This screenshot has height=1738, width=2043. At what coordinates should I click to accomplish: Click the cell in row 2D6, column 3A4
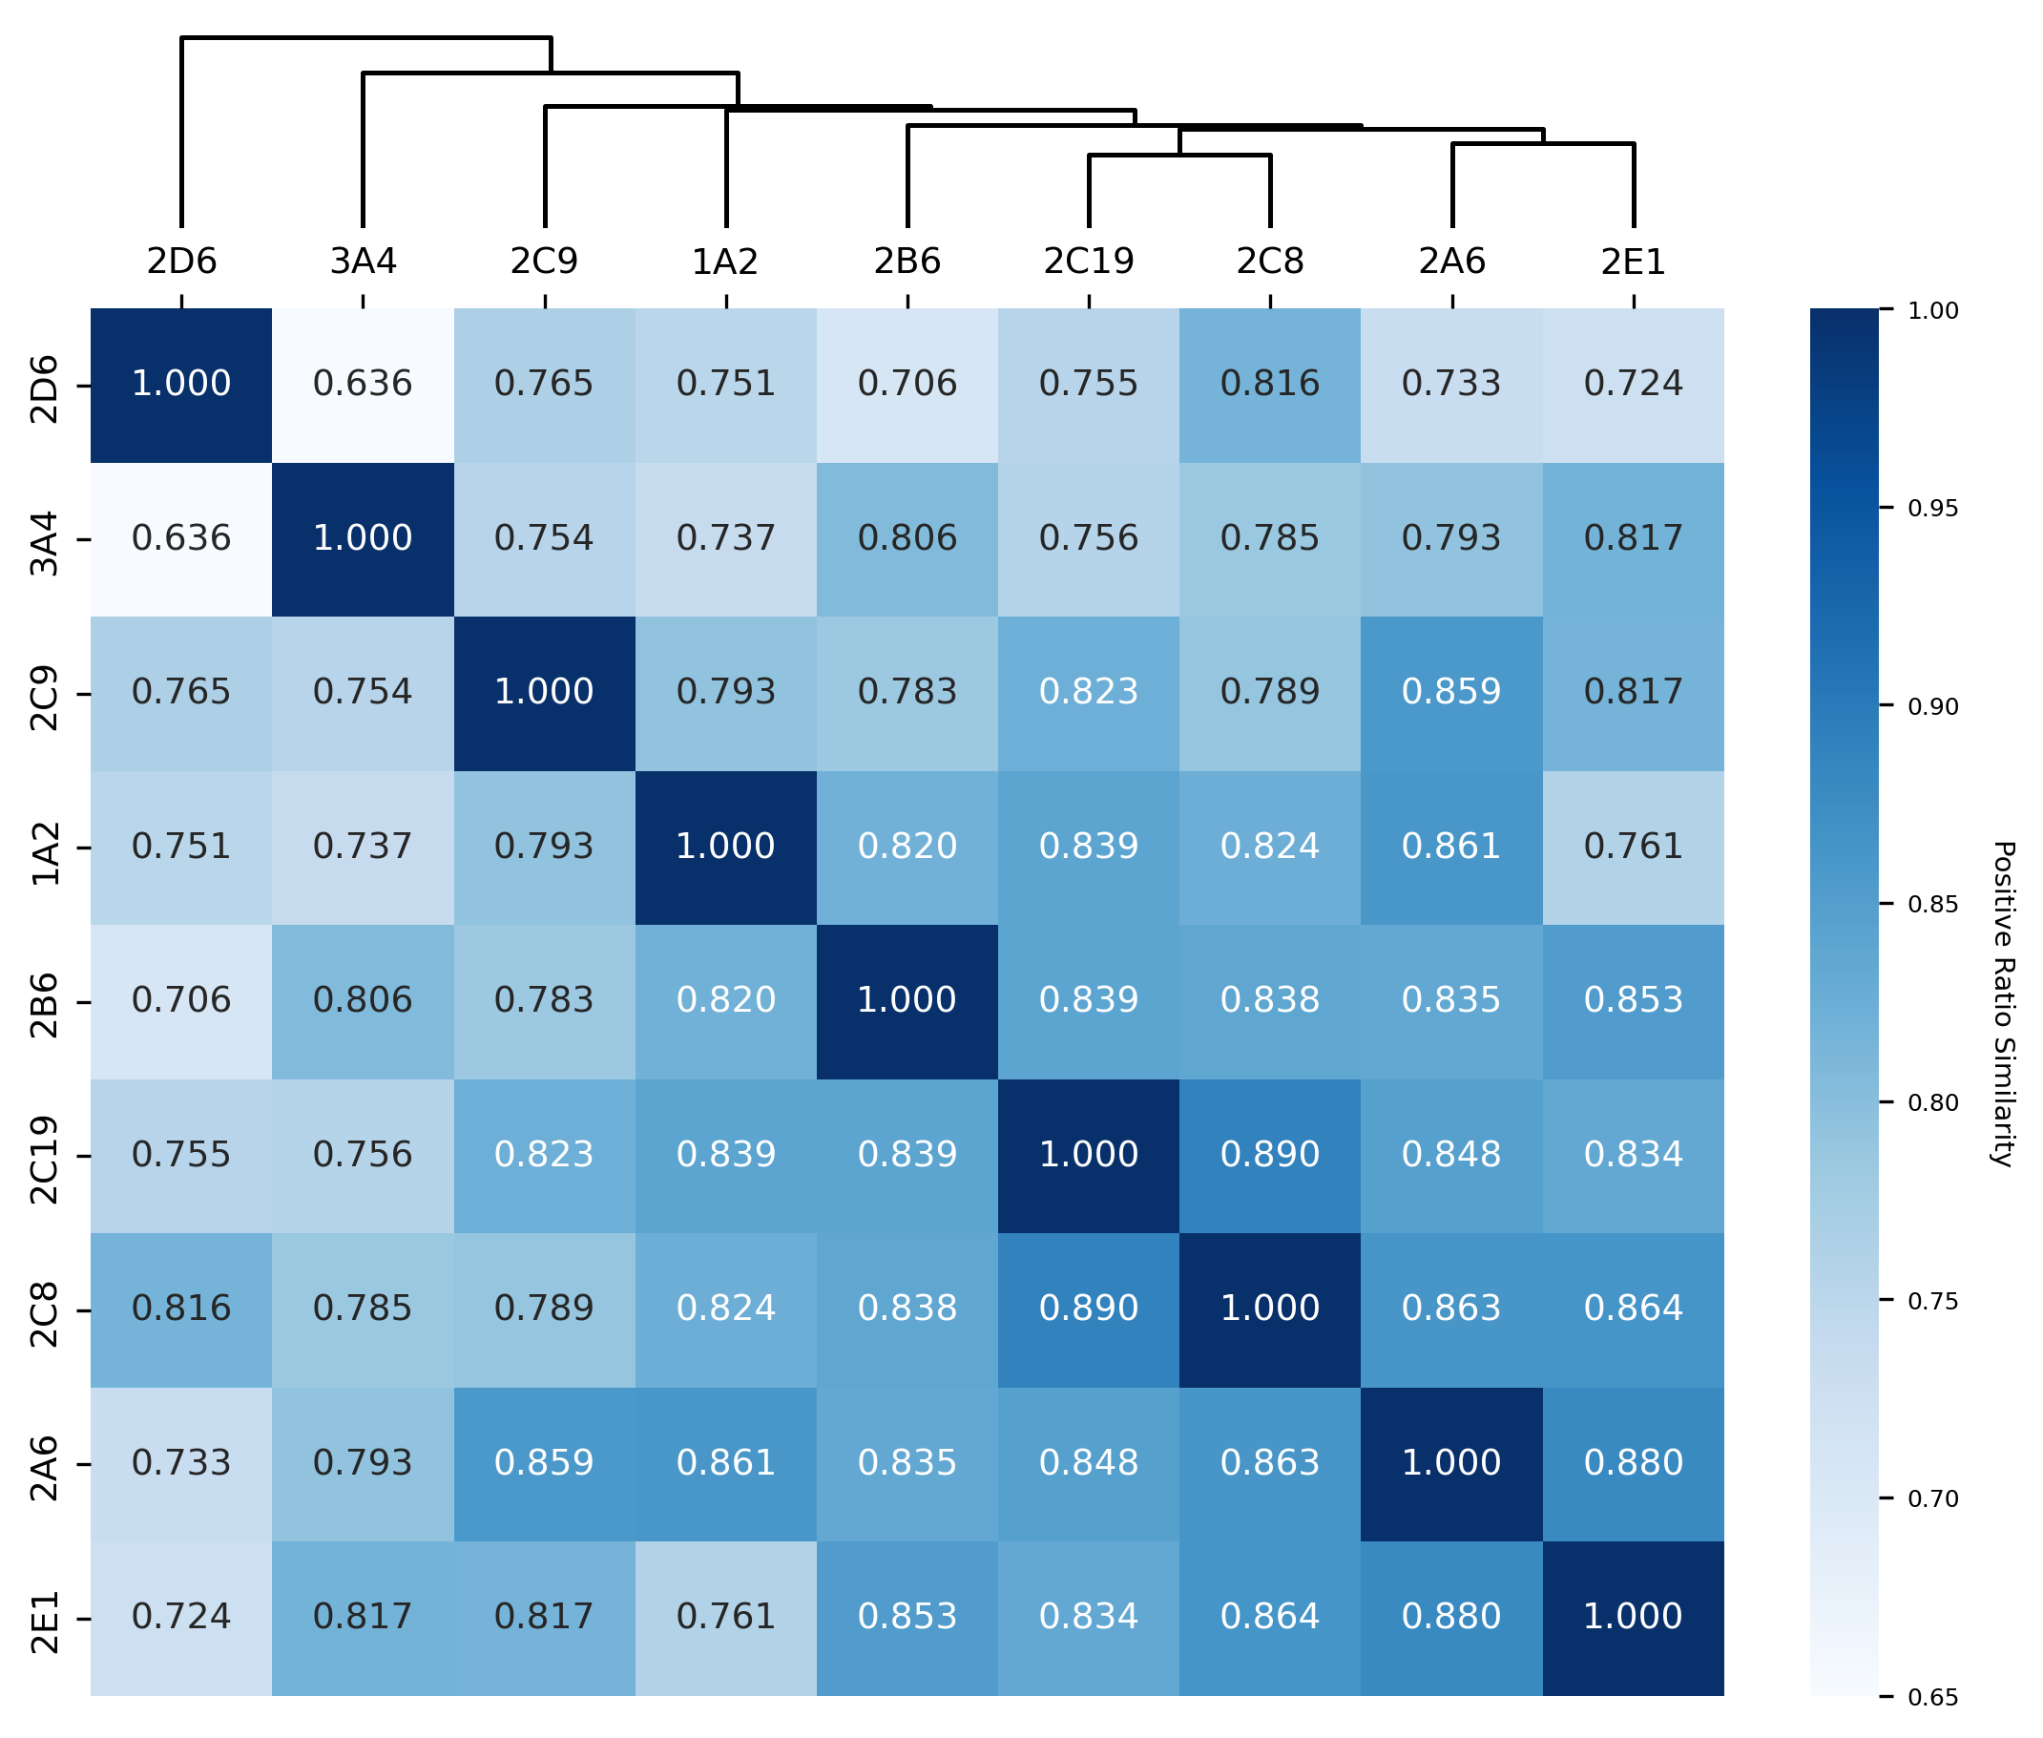coord(363,385)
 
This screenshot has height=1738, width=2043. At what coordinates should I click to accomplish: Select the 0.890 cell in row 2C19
coord(1269,1155)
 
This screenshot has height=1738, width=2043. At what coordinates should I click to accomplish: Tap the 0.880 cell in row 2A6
coord(1633,1463)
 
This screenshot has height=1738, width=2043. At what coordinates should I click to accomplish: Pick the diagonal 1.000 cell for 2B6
coord(907,1001)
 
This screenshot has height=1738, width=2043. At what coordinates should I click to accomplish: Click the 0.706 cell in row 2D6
coord(907,385)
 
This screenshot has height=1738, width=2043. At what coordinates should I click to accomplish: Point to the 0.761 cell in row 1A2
coord(1633,847)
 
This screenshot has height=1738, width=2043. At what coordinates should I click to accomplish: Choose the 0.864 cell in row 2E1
coord(1269,1617)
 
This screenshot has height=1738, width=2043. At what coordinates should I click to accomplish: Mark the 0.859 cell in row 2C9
coord(1451,693)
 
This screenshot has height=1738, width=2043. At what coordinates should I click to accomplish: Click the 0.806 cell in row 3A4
coord(907,539)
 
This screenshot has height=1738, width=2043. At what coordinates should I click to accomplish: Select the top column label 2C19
coord(1089,262)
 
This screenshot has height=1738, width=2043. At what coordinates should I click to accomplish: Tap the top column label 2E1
coord(1633,262)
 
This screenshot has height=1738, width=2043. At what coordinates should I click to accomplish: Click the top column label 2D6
coord(181,262)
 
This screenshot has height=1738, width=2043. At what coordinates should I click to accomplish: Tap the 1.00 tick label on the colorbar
coord(1931,311)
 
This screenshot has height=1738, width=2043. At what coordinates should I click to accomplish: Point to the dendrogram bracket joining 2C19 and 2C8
coord(1179,155)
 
